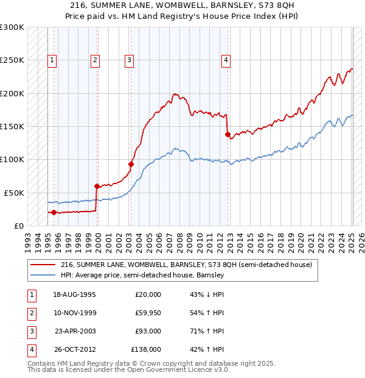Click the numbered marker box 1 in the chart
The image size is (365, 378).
pyautogui.click(x=53, y=60)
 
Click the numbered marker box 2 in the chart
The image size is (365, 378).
pyautogui.click(x=96, y=60)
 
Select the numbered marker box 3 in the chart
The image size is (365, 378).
pyautogui.click(x=130, y=60)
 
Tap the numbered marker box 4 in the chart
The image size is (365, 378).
pyautogui.click(x=226, y=60)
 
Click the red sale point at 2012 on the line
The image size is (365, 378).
pyautogui.click(x=228, y=134)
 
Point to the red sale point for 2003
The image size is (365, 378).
pyautogui.click(x=131, y=164)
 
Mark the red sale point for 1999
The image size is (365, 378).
pyautogui.click(x=97, y=186)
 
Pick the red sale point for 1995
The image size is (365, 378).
pyautogui.click(x=54, y=212)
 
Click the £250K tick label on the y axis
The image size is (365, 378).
pyautogui.click(x=12, y=60)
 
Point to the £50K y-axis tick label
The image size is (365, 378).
pyautogui.click(x=14, y=193)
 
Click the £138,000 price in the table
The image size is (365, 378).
pyautogui.click(x=146, y=349)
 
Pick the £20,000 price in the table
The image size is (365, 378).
pyautogui.click(x=148, y=294)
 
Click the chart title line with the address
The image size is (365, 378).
pyautogui.click(x=182, y=4)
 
